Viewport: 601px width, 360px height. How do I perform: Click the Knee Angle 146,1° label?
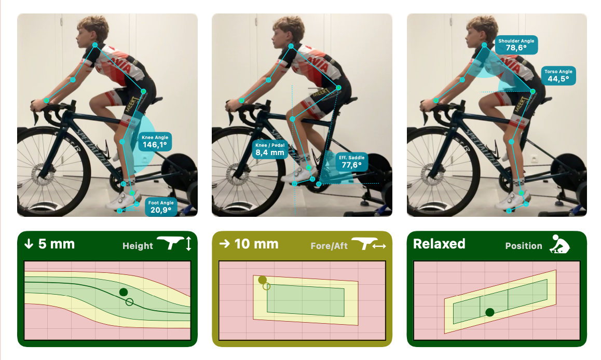(x=155, y=142)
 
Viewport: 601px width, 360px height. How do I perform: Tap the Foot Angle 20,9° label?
(x=161, y=207)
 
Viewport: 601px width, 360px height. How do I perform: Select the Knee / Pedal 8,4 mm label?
(x=270, y=149)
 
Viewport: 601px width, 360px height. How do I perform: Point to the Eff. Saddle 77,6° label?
(x=351, y=162)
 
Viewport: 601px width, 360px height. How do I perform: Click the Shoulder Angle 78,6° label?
(x=516, y=45)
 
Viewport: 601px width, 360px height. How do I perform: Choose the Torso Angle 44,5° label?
(x=558, y=75)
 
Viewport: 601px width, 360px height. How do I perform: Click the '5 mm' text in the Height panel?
(x=57, y=244)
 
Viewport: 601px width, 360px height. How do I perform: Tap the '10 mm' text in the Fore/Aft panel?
(x=256, y=244)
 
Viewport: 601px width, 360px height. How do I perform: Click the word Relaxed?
(x=439, y=244)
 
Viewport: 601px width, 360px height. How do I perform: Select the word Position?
(x=524, y=246)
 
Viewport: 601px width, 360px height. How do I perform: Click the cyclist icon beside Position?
(x=559, y=244)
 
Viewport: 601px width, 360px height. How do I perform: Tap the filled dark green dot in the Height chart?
(x=124, y=292)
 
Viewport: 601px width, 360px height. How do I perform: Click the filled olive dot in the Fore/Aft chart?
(x=262, y=280)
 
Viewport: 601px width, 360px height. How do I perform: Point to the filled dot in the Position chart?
(x=489, y=312)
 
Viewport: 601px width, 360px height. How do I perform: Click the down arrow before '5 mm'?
(x=29, y=244)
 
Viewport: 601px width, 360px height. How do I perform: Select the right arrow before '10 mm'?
(x=225, y=244)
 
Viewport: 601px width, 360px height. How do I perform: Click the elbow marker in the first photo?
(x=73, y=80)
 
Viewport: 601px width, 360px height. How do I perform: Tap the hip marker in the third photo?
(x=533, y=91)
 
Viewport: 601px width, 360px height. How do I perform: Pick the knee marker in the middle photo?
(x=292, y=119)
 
